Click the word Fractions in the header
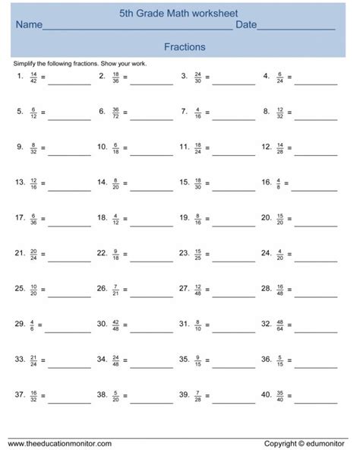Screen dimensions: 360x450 (x=185, y=46)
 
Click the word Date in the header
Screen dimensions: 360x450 (x=246, y=25)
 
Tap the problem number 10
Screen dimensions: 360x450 (x=102, y=147)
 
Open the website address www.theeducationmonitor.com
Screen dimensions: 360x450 (x=60, y=442)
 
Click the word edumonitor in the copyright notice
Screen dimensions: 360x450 (x=331, y=442)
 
